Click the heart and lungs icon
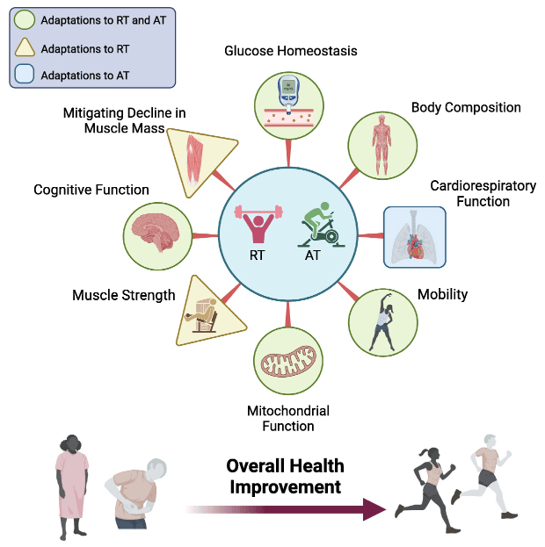coord(414,236)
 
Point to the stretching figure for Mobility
coord(383,320)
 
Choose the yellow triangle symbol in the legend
coord(25,48)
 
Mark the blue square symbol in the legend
coord(25,75)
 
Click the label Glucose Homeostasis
coord(290,52)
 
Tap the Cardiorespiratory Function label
coord(469,193)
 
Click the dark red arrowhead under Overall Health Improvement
coord(374,509)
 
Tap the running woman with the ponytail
coord(428,488)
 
